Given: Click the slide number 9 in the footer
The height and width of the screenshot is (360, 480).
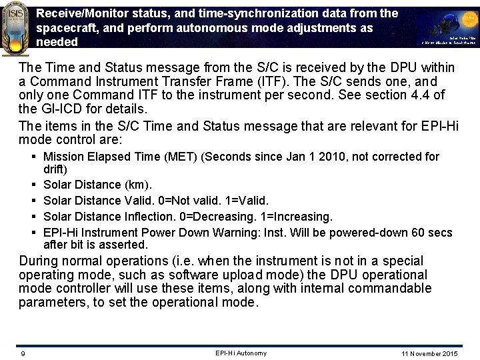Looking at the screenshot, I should [23, 353].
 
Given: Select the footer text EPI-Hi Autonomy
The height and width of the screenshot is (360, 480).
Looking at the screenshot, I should [241, 353].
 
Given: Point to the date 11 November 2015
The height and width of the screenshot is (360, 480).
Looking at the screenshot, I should [430, 353].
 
